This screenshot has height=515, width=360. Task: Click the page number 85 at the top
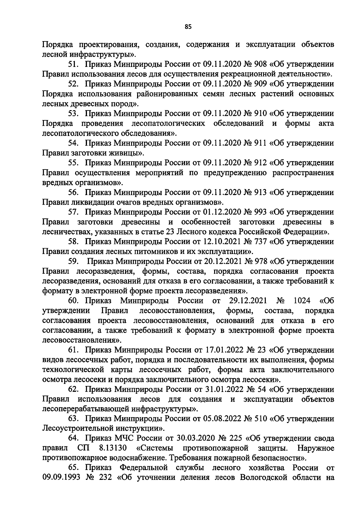click(x=188, y=27)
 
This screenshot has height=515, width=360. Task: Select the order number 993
click(x=260, y=212)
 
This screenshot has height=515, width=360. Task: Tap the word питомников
click(x=150, y=251)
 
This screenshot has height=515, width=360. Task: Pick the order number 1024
click(x=302, y=301)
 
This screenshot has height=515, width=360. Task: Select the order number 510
click(x=260, y=419)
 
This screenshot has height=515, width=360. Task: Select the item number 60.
click(x=73, y=301)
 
